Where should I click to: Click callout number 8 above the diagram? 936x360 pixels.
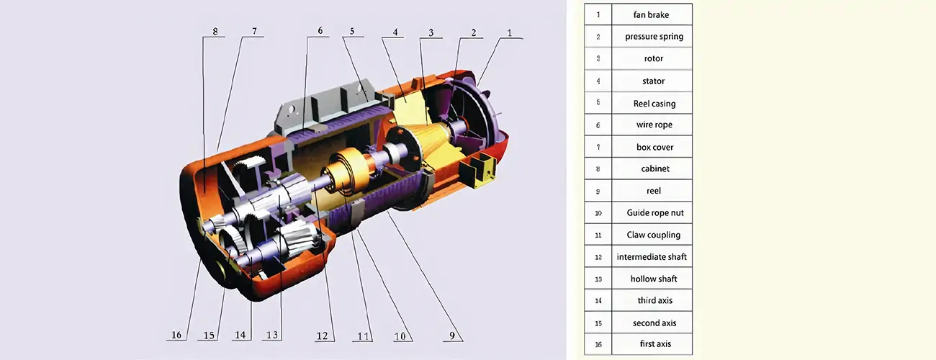click(x=215, y=32)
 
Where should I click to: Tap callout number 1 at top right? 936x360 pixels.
click(x=510, y=32)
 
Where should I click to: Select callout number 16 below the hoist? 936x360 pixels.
click(x=176, y=336)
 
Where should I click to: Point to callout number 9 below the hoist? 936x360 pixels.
click(x=453, y=336)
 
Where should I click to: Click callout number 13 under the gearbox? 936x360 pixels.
click(x=271, y=336)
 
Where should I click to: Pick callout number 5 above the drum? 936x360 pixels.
click(x=352, y=32)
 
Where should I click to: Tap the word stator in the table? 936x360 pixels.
click(x=654, y=81)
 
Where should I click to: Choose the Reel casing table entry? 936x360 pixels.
click(x=654, y=104)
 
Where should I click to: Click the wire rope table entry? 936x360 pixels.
click(x=654, y=125)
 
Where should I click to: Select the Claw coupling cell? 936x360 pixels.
click(x=654, y=235)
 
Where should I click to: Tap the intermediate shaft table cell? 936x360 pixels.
click(x=652, y=257)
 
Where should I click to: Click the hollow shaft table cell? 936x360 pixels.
click(x=654, y=279)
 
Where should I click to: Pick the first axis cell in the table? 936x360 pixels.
click(x=654, y=344)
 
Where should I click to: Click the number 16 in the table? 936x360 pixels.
click(x=598, y=344)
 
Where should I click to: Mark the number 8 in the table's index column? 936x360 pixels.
click(x=598, y=169)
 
